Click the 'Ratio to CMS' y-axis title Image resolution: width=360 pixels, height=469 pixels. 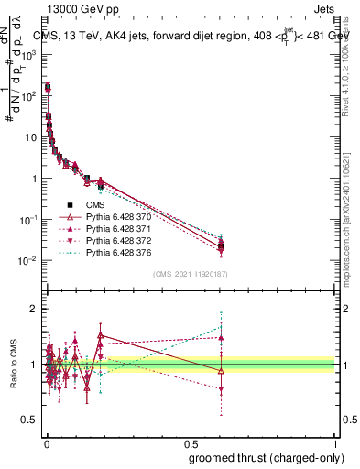click(x=15, y=364)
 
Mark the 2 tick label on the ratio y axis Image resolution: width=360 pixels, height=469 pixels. click(x=38, y=309)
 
